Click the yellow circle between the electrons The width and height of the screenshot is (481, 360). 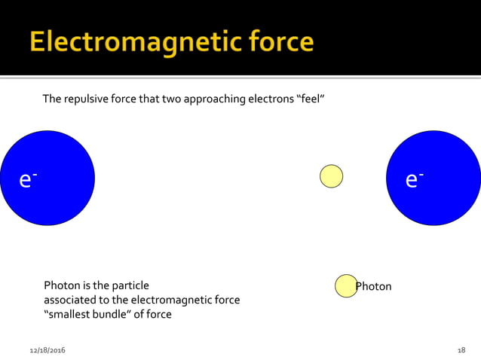(331, 175)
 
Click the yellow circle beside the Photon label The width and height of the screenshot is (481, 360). (345, 285)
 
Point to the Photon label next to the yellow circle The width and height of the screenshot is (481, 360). (374, 286)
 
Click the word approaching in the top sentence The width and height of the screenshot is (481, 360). (212, 99)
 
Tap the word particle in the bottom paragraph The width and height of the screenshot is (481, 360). (129, 285)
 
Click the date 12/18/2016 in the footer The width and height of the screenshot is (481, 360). (47, 351)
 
